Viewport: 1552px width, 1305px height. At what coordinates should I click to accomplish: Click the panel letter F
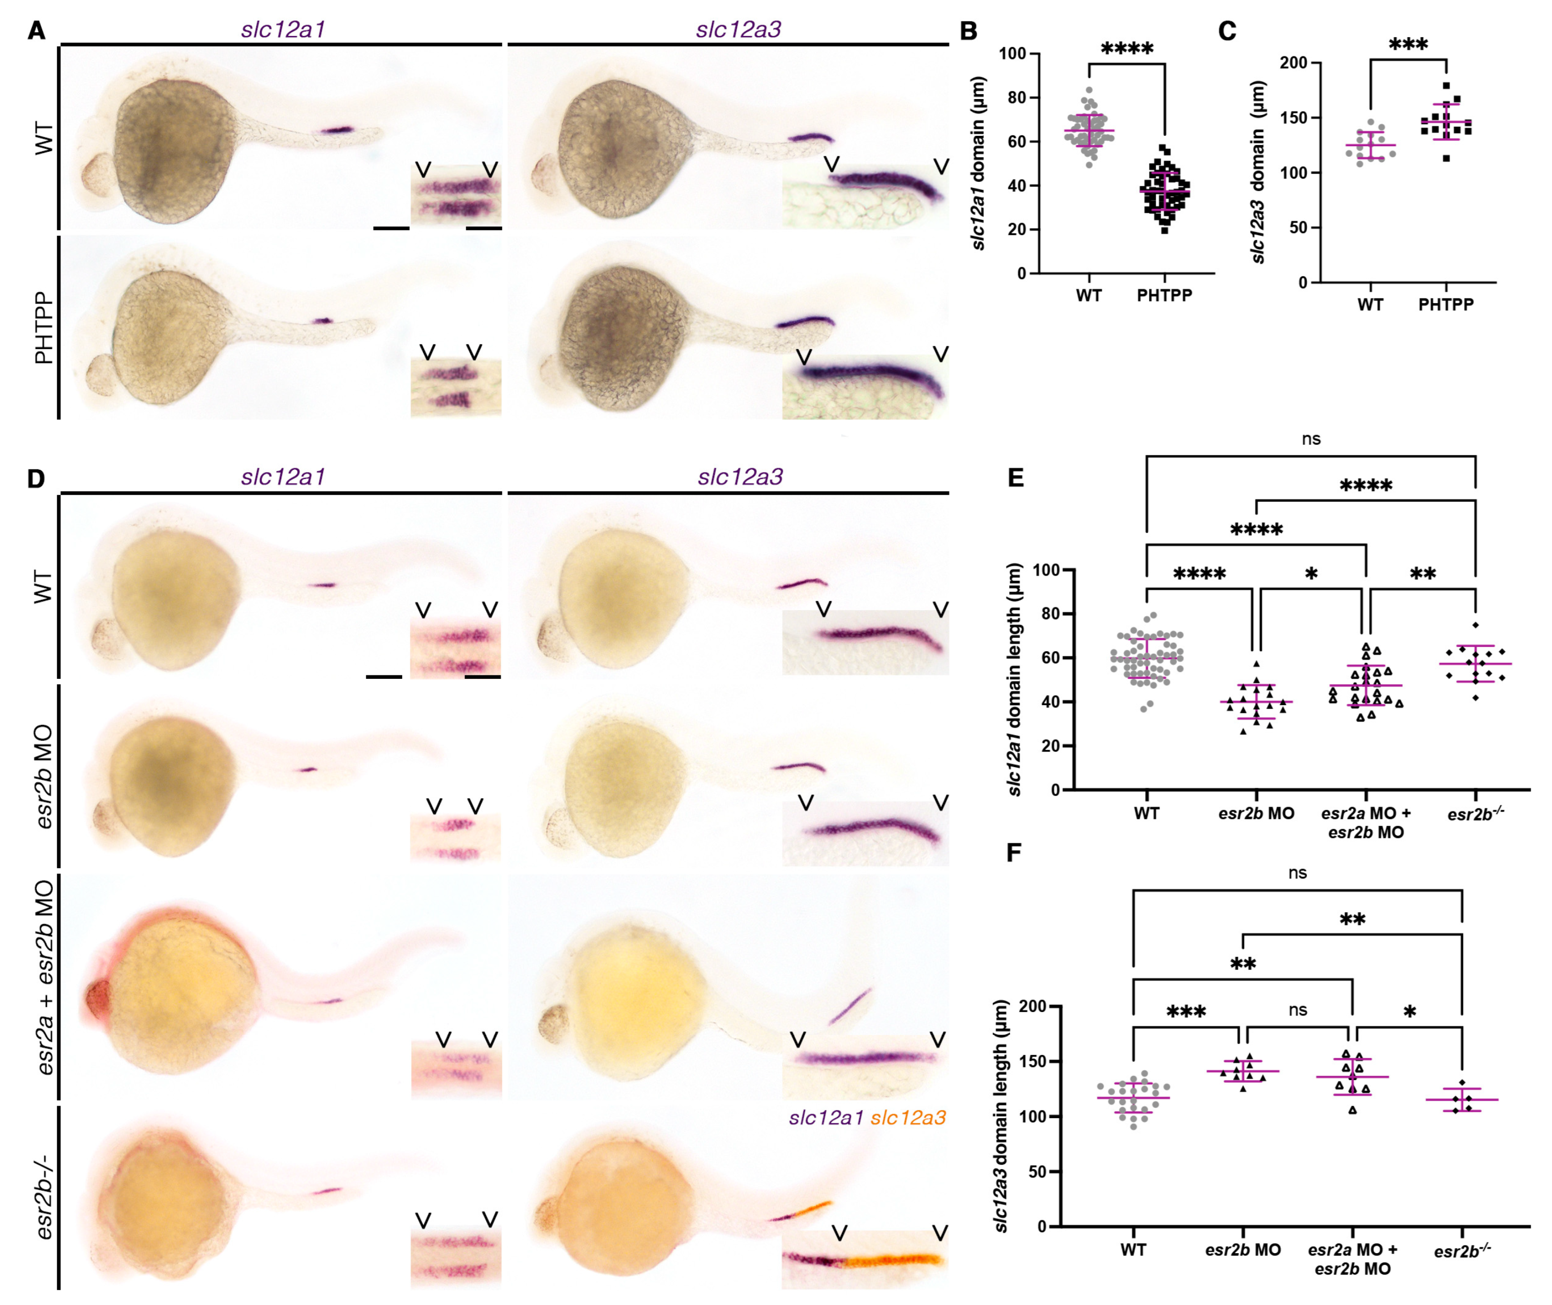click(x=1014, y=853)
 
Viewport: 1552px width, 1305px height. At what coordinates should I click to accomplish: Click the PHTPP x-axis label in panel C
click(x=1446, y=304)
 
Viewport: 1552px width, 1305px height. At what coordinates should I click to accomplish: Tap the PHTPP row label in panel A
click(x=45, y=327)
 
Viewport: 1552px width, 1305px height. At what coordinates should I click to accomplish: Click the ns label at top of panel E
click(x=1310, y=438)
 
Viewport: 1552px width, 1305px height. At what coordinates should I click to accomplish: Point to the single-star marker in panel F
click(x=1409, y=1012)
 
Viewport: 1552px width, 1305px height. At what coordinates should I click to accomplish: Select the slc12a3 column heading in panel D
click(x=739, y=477)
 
